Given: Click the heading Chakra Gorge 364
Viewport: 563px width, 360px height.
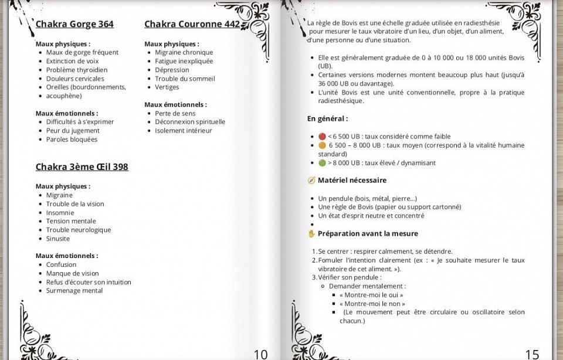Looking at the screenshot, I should (x=74, y=24).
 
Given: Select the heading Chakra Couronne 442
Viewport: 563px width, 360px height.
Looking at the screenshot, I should (x=192, y=24).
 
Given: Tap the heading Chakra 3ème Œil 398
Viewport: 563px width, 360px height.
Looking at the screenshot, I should (x=82, y=167).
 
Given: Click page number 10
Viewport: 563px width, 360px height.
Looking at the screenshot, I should (x=260, y=354).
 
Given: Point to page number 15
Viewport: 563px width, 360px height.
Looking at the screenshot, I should (x=532, y=354).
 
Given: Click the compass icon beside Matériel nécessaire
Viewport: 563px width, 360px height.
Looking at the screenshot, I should (x=311, y=181).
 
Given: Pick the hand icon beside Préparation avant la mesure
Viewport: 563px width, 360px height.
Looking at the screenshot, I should (x=311, y=234).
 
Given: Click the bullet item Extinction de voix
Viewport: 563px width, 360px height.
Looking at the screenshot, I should (x=72, y=61).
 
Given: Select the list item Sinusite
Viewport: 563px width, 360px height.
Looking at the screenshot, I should (x=58, y=239).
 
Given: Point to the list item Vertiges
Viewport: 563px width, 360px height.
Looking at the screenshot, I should (x=167, y=87).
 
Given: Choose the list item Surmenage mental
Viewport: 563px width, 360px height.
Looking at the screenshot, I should (x=74, y=291).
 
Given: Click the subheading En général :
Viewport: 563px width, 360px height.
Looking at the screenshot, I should (x=327, y=119).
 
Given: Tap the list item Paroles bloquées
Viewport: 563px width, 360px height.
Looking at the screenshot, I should (x=72, y=140).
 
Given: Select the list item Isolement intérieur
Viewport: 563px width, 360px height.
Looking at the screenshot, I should (x=184, y=131).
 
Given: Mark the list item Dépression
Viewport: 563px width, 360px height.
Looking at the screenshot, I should (x=172, y=70).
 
